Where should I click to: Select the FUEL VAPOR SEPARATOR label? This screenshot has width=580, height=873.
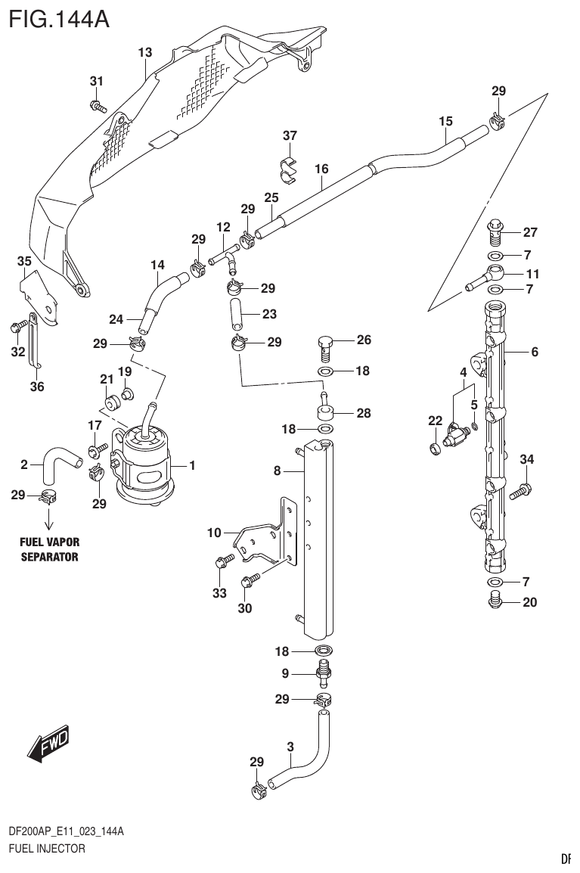point(49,549)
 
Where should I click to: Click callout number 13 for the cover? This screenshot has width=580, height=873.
point(145,52)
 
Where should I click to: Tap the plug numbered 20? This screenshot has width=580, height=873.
point(494,602)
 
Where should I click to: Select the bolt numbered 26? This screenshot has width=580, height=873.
point(324,347)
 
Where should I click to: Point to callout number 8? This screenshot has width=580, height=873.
point(278,471)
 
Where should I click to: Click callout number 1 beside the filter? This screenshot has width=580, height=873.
point(192,466)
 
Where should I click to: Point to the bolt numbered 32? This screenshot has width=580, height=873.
point(15,328)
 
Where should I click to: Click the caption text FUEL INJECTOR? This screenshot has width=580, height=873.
point(46,849)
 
